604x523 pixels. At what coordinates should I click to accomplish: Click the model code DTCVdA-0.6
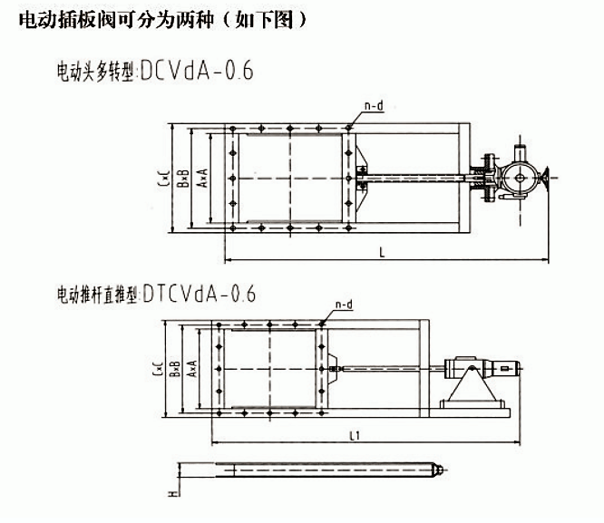[200, 294]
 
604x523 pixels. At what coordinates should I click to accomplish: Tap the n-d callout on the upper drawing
[374, 106]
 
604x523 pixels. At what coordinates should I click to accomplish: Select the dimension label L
[382, 254]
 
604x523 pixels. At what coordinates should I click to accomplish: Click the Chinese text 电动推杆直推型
[97, 295]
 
